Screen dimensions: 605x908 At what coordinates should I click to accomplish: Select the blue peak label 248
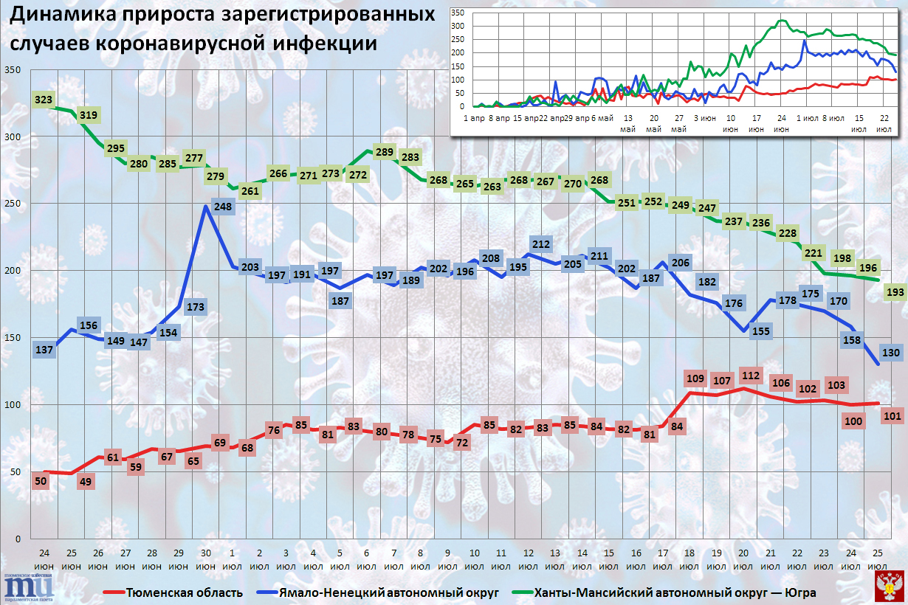click(224, 207)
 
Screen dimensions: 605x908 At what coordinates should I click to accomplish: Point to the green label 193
click(895, 293)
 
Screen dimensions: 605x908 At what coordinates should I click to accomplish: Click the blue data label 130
click(890, 353)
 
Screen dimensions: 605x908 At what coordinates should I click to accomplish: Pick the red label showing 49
click(84, 483)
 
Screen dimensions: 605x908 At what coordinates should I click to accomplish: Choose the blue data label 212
click(540, 244)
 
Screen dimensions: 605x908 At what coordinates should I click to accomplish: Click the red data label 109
click(695, 379)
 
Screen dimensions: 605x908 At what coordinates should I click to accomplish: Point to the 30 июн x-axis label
click(205, 559)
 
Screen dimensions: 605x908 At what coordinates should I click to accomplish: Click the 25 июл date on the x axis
click(876, 559)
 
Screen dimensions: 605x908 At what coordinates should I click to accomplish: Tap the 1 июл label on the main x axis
click(233, 559)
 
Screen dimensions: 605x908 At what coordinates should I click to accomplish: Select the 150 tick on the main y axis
click(14, 338)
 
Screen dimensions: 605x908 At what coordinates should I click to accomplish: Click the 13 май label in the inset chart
click(628, 123)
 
